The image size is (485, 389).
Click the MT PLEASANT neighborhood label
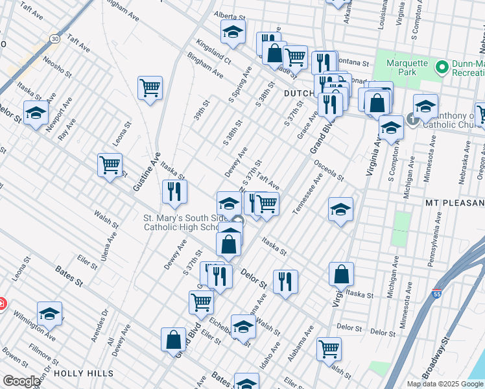(x=455, y=203)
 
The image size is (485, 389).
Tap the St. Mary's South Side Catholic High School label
(x=183, y=222)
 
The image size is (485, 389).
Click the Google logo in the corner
(x=21, y=381)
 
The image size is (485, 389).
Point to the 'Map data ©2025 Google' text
(x=445, y=384)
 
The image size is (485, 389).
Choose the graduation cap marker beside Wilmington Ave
(x=49, y=313)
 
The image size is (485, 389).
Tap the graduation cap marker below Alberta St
(x=233, y=30)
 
